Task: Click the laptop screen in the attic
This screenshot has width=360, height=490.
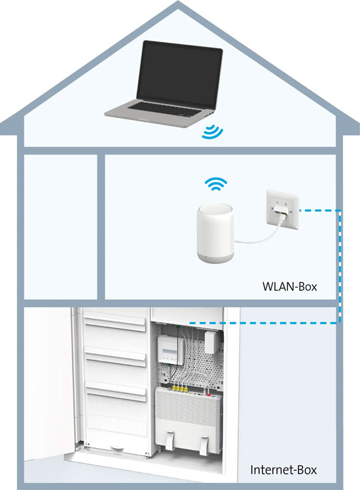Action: (179, 74)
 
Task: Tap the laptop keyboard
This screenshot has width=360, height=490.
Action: (165, 109)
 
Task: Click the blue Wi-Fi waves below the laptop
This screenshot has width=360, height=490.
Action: (211, 131)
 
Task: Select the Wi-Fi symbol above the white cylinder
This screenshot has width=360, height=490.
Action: (216, 183)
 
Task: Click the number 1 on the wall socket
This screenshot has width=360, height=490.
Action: (278, 204)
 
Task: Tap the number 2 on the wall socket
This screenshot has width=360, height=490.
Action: (285, 204)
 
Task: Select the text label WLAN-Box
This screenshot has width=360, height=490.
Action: (290, 286)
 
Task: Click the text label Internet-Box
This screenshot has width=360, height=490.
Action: (283, 470)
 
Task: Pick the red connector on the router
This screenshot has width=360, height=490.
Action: (209, 395)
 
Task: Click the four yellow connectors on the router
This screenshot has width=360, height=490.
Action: (179, 389)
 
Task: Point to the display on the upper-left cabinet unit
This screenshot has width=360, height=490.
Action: (169, 352)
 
